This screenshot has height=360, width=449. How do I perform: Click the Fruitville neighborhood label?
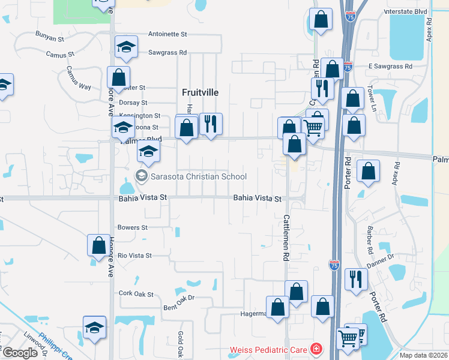click(x=200, y=92)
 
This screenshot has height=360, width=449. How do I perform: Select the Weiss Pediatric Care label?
click(x=268, y=349)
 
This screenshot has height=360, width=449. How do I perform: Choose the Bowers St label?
click(x=133, y=228)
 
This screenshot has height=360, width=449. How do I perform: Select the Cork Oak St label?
click(x=136, y=294)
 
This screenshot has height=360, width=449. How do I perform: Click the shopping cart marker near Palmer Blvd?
click(x=313, y=127)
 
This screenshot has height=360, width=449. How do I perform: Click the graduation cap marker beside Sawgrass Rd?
click(x=126, y=48)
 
